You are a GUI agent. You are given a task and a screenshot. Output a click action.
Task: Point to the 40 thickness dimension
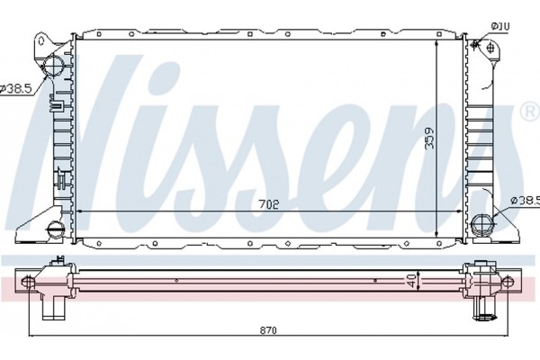coord(411,282)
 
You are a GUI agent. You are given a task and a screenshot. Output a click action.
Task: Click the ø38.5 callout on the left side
coord(15,88)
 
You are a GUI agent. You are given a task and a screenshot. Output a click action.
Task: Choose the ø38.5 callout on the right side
coord(524,200)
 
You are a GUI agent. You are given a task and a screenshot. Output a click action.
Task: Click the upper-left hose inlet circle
coord(54,65)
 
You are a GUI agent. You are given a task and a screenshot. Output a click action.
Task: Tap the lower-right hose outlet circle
coord(481,223)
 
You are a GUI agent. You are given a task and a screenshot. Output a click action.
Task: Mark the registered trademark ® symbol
coord(527,112)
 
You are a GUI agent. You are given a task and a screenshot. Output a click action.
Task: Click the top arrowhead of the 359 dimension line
coord(436,41)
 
